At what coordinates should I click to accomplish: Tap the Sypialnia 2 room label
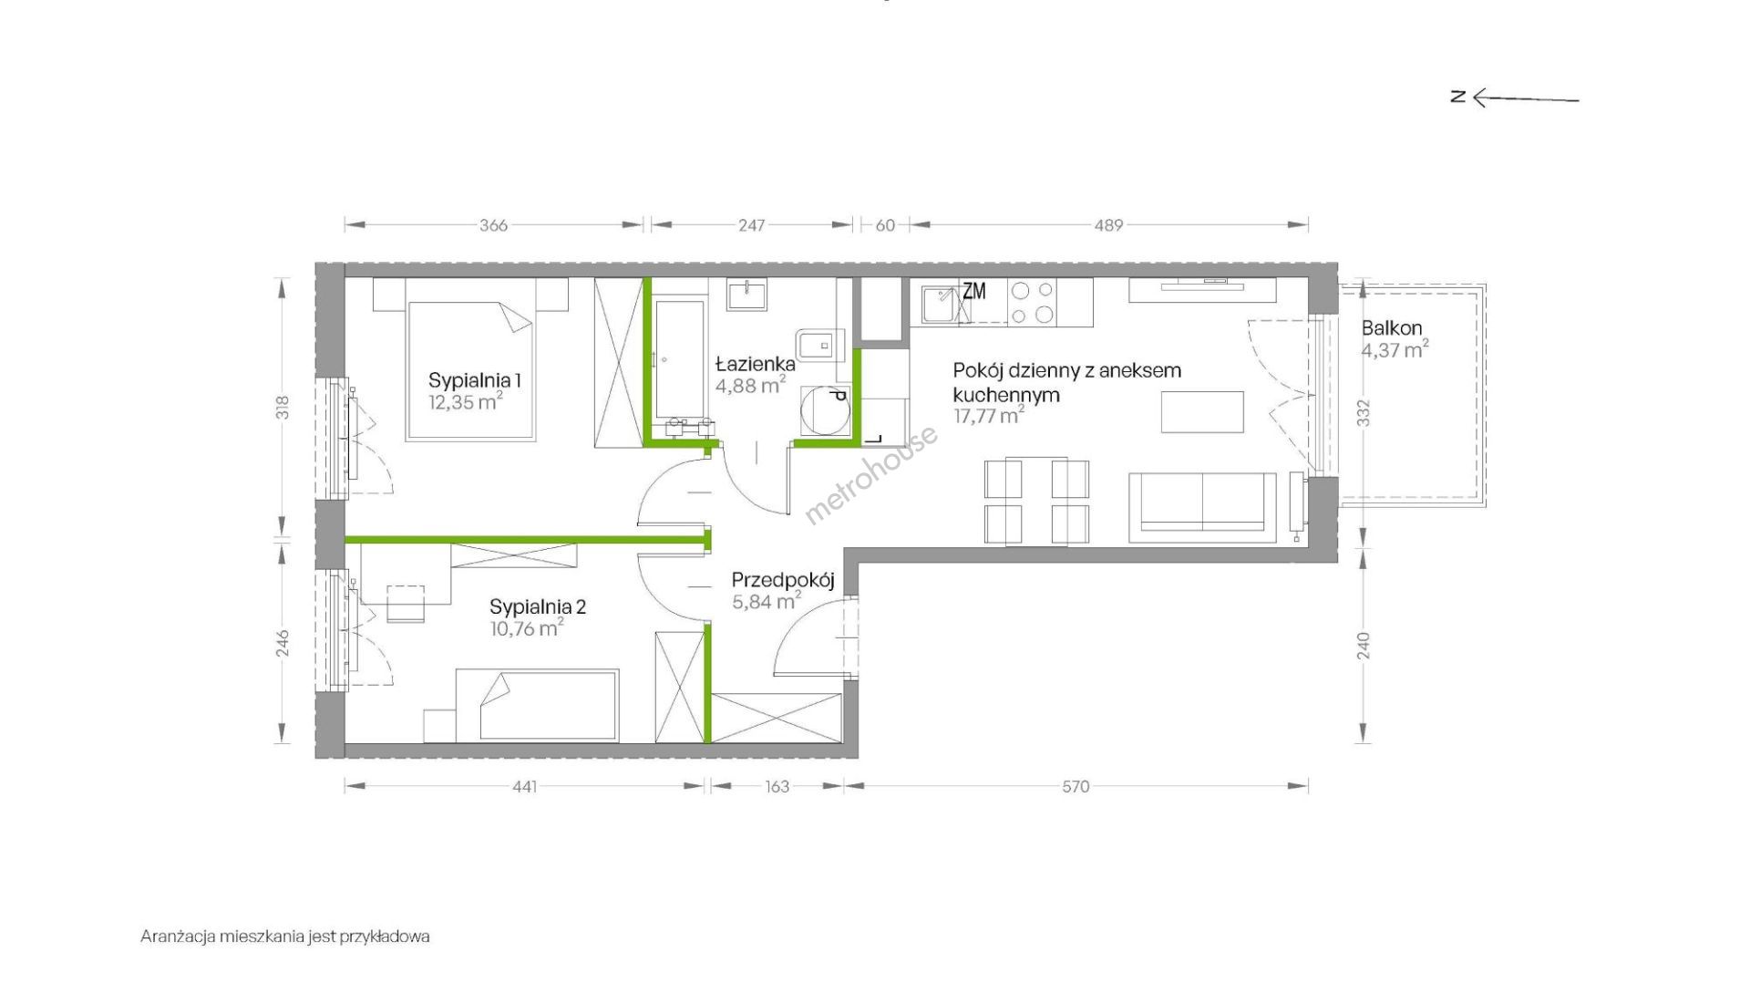[538, 606]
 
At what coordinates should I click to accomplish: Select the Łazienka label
[756, 363]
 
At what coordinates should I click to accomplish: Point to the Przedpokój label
[783, 580]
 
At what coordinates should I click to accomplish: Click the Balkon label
[1392, 328]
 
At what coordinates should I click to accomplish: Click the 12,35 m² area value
[466, 402]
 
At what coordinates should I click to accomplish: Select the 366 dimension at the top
[493, 225]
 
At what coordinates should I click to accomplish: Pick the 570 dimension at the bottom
[1076, 786]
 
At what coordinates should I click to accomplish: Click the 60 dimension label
[885, 225]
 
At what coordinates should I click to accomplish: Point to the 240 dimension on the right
[1364, 646]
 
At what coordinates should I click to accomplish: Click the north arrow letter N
[1458, 96]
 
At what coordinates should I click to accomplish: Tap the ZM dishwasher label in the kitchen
[974, 291]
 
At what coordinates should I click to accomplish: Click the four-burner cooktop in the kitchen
[1032, 303]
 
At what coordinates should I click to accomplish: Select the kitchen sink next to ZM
[939, 304]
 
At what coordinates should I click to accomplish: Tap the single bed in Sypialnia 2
[537, 705]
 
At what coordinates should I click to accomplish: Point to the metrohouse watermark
[870, 475]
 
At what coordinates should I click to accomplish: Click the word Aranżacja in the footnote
[177, 937]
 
